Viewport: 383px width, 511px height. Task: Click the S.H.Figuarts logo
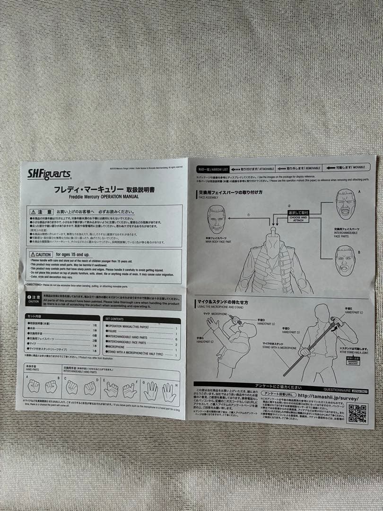pyautogui.click(x=49, y=175)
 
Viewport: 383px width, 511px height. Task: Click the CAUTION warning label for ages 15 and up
pyautogui.click(x=41, y=255)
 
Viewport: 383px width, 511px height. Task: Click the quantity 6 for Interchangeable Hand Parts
pyautogui.click(x=176, y=339)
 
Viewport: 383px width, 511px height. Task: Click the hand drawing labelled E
pyautogui.click(x=111, y=389)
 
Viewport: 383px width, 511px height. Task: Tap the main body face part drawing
pyautogui.click(x=217, y=219)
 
